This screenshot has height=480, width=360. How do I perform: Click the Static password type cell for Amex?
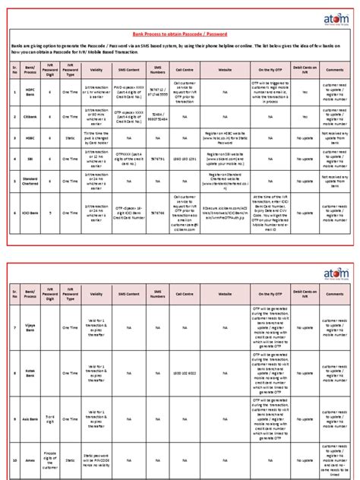click(71, 459)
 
